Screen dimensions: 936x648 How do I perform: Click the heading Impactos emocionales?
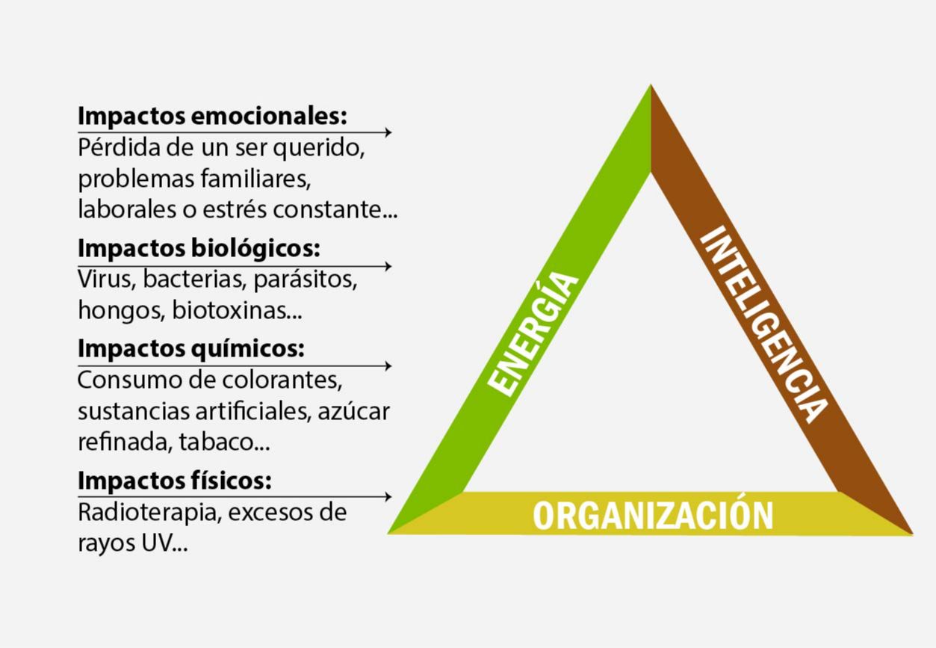212,117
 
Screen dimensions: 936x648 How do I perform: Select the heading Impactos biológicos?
199,248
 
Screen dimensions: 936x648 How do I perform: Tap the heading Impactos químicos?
190,348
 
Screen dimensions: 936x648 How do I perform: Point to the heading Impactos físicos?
174,481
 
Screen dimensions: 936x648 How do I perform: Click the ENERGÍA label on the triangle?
533,333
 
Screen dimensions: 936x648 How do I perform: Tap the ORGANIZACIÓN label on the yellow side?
652,515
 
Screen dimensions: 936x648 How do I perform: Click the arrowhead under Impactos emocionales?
388,132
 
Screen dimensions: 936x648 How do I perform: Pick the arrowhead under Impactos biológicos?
388,266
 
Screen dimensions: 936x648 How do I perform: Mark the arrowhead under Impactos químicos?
388,366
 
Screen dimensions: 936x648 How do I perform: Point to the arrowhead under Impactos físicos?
388,497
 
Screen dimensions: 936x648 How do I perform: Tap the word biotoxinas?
236,310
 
